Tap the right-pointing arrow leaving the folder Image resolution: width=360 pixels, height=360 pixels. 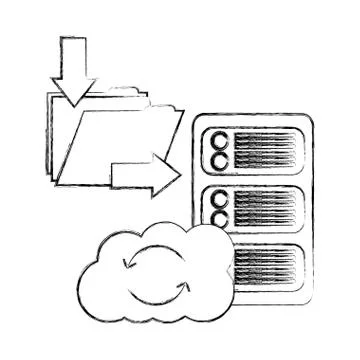coord(145,176)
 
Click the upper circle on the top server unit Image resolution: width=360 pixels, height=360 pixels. coord(217,141)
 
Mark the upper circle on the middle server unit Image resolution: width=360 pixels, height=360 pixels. coord(217,199)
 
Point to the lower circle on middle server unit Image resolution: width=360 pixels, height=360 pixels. coord(217,216)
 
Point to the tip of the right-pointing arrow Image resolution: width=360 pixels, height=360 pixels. coord(180,176)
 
